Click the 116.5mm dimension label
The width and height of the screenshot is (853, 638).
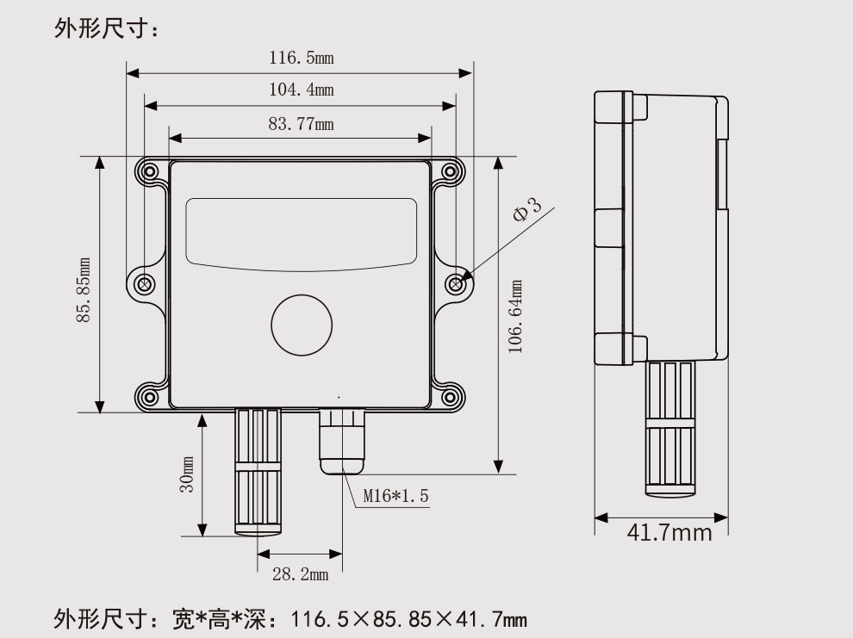point(301,59)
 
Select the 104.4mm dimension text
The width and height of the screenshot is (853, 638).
point(301,90)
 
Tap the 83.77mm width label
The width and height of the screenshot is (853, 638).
point(301,123)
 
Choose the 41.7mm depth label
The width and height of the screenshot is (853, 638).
point(669,532)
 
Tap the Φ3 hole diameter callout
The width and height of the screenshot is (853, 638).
point(526,210)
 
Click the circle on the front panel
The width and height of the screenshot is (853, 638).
point(301,324)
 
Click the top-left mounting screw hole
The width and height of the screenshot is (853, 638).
point(151,171)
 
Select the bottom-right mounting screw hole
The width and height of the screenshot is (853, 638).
point(448,397)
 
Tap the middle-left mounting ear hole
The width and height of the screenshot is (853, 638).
point(145,283)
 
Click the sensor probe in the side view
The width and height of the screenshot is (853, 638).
point(669,428)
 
